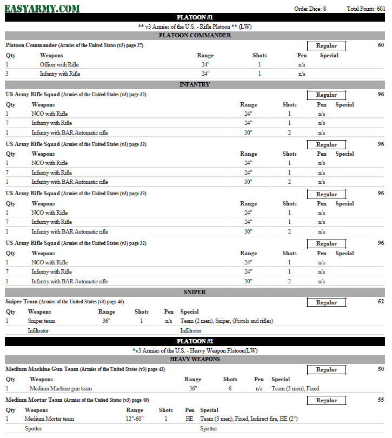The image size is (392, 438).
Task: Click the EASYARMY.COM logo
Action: click(42, 8)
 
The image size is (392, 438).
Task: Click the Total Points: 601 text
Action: click(366, 9)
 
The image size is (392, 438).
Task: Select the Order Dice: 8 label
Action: click(310, 9)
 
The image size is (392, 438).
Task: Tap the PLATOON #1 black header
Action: click(195, 17)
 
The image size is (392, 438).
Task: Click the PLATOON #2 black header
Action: click(195, 341)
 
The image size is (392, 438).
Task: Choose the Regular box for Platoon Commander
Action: click(326, 46)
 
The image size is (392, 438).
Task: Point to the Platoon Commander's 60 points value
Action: click(381, 45)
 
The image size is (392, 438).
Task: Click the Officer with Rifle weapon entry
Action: click(59, 64)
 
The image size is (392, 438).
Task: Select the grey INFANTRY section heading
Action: click(195, 84)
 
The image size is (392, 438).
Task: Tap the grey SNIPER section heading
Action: click(195, 292)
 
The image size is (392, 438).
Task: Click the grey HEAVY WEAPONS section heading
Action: click(195, 359)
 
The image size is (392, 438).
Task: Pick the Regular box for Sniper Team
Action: click(326, 303)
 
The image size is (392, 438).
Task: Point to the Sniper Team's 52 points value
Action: click(381, 302)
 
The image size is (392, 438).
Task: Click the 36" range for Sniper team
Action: click(106, 321)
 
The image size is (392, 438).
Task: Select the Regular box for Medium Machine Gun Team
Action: click(326, 370)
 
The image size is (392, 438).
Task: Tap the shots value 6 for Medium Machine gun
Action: click(230, 388)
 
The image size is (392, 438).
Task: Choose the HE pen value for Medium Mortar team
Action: click(189, 419)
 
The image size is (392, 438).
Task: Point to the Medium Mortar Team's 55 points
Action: click(381, 400)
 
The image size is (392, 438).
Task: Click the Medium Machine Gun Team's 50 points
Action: click(381, 369)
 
